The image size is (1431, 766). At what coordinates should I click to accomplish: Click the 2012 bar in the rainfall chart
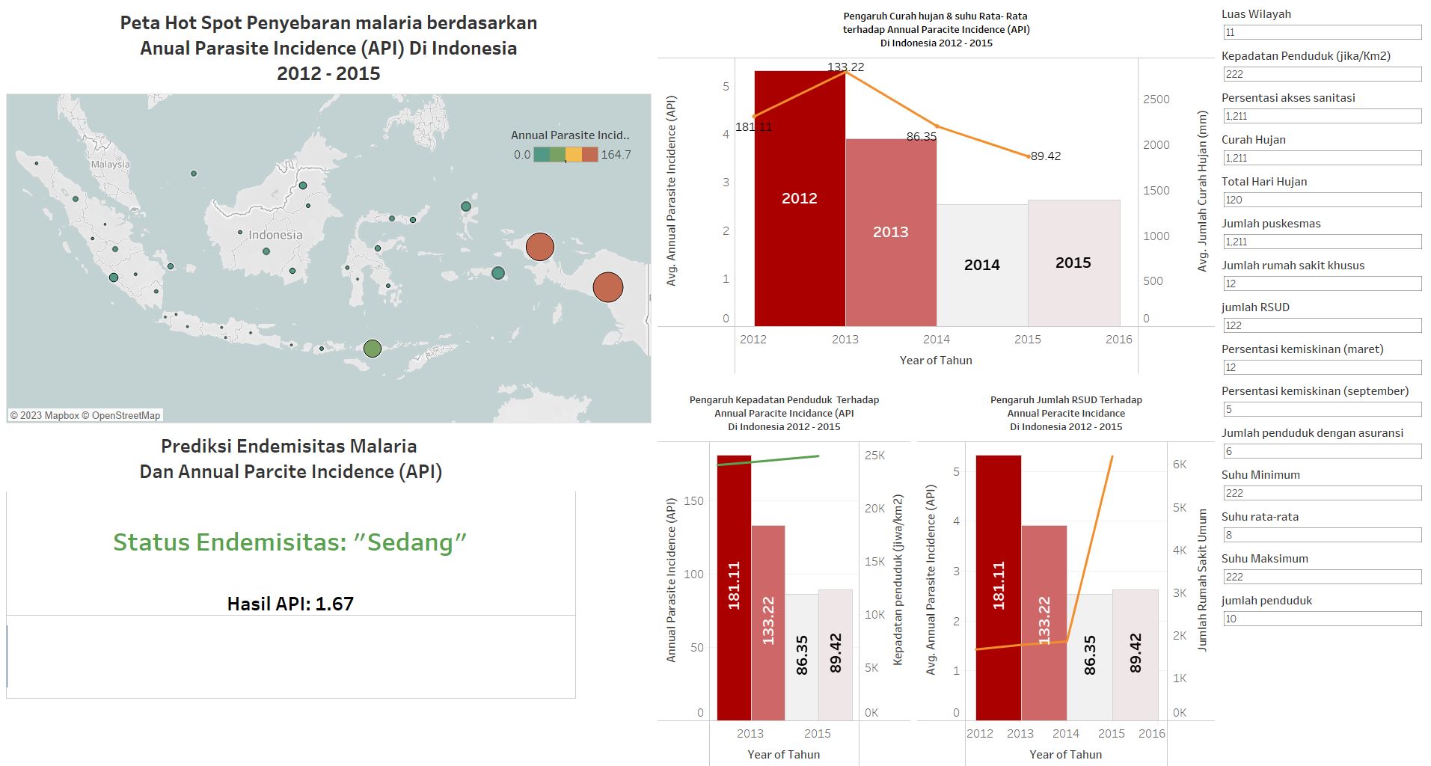(x=799, y=224)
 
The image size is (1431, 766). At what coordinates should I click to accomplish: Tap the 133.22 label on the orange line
(x=846, y=67)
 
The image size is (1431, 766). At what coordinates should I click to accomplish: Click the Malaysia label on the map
(x=110, y=164)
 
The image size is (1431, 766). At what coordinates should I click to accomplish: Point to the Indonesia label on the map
(x=275, y=235)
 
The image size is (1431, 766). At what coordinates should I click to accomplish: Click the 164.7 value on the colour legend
(x=616, y=155)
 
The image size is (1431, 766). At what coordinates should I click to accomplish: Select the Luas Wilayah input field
(x=1321, y=32)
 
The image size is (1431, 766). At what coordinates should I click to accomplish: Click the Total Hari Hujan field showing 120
(x=1321, y=200)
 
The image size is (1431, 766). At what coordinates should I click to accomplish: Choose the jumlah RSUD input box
(x=1321, y=325)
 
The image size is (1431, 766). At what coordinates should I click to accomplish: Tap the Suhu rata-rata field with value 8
(x=1321, y=535)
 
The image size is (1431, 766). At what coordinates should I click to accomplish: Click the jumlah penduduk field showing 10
(x=1321, y=619)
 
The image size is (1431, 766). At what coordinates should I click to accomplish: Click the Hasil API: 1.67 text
(x=290, y=604)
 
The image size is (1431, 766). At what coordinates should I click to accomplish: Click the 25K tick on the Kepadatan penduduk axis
(x=874, y=455)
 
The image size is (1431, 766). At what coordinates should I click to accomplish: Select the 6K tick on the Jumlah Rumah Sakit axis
(x=1180, y=465)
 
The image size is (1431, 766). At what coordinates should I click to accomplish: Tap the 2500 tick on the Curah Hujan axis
(x=1156, y=99)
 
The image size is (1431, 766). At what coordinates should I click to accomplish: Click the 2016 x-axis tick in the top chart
(x=1118, y=339)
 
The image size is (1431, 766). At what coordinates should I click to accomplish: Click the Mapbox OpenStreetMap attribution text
(x=85, y=415)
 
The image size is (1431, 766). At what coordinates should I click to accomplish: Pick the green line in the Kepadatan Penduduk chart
(x=770, y=460)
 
